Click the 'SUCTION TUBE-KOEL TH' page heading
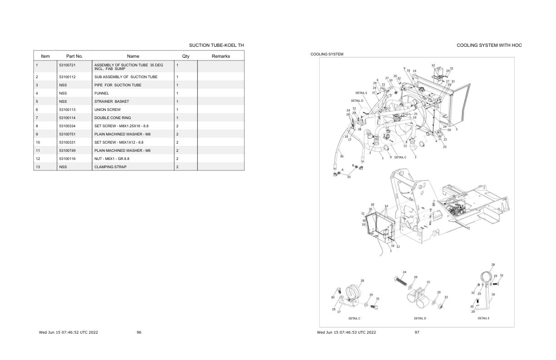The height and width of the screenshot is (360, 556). tap(216, 45)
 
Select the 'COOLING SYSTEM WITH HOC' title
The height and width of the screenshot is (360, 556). tap(489, 45)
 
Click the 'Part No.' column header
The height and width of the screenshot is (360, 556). tap(74, 56)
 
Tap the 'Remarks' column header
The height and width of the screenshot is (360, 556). tap(221, 56)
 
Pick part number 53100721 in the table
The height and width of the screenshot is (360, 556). tap(67, 65)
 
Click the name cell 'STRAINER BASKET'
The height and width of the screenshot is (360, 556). tap(111, 101)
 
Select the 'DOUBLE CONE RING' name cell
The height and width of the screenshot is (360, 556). tap(113, 118)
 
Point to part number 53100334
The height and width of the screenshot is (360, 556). tap(67, 126)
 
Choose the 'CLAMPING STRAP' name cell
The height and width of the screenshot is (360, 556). tap(110, 167)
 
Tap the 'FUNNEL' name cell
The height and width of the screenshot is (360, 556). tap(102, 93)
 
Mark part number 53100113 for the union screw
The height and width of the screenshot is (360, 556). tap(67, 110)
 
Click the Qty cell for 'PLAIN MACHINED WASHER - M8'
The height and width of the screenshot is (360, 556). tap(177, 134)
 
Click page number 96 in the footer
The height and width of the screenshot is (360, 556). tap(139, 332)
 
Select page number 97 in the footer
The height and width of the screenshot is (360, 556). tap(417, 332)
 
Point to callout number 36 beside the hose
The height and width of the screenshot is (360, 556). tap(342, 156)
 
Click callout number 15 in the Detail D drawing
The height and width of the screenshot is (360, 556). tap(428, 282)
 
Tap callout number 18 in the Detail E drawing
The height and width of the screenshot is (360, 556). tap(493, 295)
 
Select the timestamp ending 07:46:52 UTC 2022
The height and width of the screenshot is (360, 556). tap(69, 332)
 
